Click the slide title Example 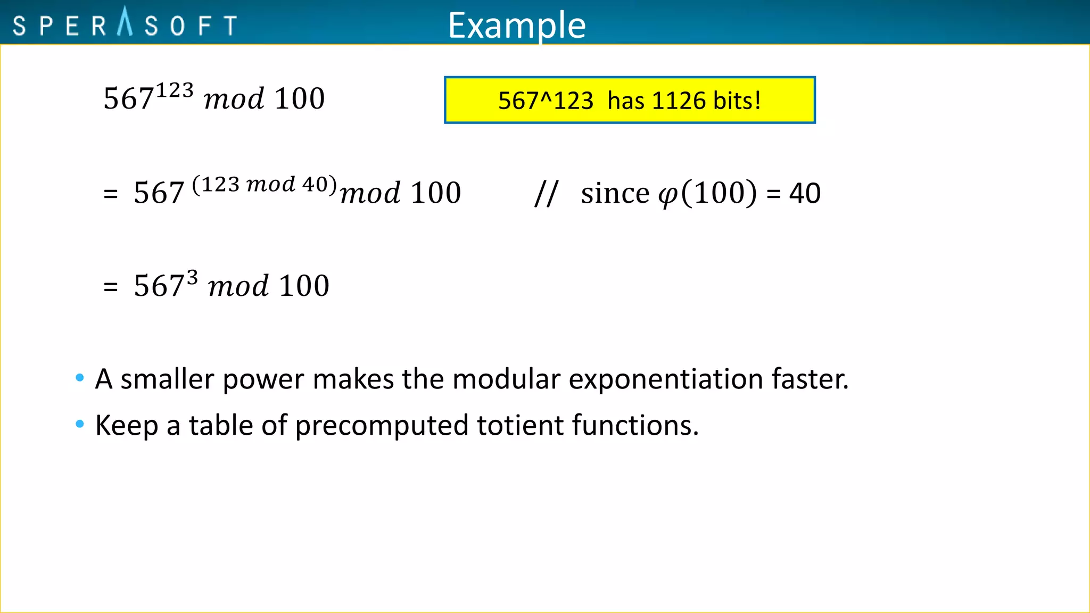(516, 26)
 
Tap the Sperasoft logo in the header (125, 24)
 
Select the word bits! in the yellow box (737, 101)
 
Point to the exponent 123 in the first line (175, 90)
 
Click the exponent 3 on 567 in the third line (192, 278)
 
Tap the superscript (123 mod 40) (265, 185)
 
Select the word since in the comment (615, 193)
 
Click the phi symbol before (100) (668, 195)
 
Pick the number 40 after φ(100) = (805, 193)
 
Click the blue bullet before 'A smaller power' (80, 378)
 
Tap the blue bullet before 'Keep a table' (80, 424)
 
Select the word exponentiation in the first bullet (666, 379)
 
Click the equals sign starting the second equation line (110, 194)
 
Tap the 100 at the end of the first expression (300, 99)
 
